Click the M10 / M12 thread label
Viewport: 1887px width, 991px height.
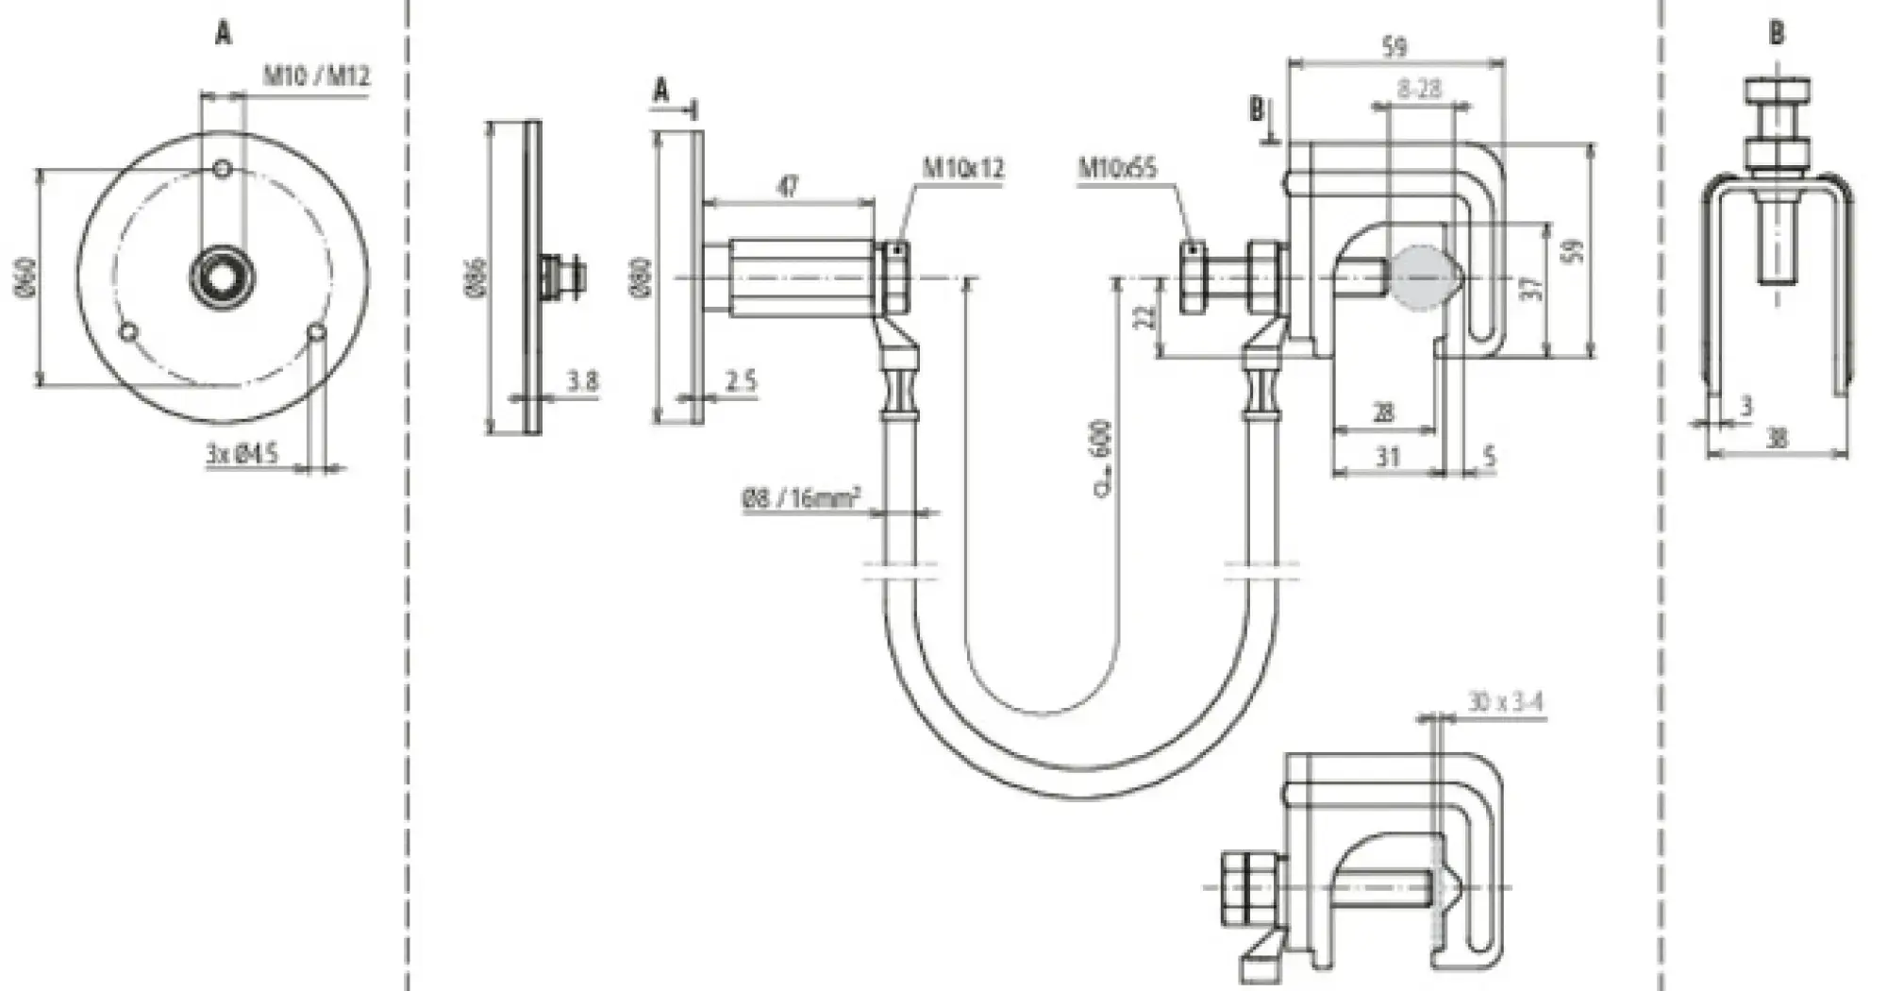[x=315, y=76]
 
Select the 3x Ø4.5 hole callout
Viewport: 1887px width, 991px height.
[x=242, y=454]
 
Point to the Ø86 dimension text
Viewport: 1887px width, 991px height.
[x=476, y=277]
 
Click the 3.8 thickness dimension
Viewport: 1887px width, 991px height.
[x=582, y=381]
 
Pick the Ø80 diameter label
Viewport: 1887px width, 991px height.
[x=641, y=277]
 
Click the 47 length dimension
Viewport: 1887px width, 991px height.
[x=787, y=186]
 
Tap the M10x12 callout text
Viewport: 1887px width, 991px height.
[x=962, y=169]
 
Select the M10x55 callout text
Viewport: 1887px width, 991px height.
[x=1118, y=169]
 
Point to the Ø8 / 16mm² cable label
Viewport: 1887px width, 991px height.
[x=800, y=498]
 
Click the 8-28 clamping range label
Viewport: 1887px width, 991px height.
[x=1419, y=89]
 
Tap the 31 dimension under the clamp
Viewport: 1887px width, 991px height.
[x=1387, y=458]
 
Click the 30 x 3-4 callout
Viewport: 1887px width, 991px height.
[x=1505, y=703]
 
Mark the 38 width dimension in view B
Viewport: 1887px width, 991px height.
[x=1777, y=438]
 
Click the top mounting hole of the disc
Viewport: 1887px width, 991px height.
[x=223, y=169]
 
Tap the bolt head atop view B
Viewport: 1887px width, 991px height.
[x=1777, y=94]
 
